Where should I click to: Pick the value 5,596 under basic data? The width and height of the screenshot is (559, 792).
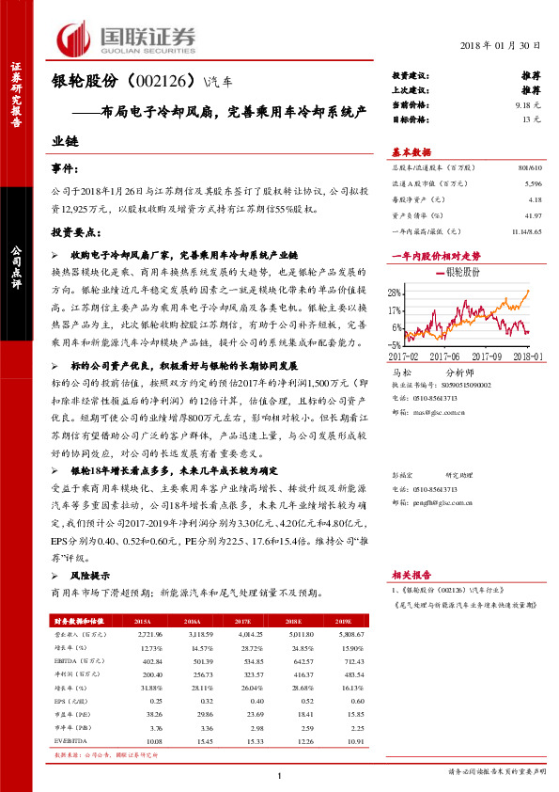click(x=534, y=186)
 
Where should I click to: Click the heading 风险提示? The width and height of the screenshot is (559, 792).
click(x=92, y=576)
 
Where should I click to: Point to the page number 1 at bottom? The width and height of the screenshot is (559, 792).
click(x=280, y=774)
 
